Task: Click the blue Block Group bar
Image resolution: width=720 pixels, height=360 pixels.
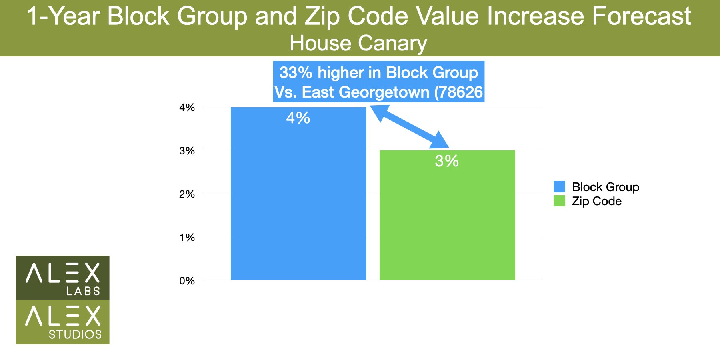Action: coord(298,200)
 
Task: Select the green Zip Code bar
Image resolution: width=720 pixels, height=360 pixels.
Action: coord(447,220)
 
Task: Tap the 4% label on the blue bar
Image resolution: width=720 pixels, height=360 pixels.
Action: coord(298,118)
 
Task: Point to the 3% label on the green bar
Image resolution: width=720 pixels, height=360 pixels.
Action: coord(446,161)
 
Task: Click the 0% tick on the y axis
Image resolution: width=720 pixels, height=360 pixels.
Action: coord(187,281)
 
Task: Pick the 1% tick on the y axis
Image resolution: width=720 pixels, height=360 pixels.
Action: coord(187,238)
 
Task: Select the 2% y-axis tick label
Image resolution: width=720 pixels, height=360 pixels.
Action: coord(187,194)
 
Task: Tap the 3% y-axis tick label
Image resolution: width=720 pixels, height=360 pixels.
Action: coord(187,151)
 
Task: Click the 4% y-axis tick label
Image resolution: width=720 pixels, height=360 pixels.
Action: coord(187,108)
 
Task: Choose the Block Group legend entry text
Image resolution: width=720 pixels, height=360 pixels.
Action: coord(605,187)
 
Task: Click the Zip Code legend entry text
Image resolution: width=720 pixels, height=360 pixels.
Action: coord(596,201)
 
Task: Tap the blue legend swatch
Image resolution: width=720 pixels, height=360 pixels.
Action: coord(559,186)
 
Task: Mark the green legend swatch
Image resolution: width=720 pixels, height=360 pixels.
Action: coord(559,201)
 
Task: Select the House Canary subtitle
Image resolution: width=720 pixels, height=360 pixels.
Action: coord(358,43)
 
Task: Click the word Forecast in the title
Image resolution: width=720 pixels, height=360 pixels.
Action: coord(641,16)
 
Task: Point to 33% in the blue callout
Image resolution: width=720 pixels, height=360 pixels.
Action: coord(296,73)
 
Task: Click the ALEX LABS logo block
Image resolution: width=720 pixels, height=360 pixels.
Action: coord(62,278)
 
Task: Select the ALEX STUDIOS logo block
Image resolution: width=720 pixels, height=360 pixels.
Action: coord(62,322)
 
